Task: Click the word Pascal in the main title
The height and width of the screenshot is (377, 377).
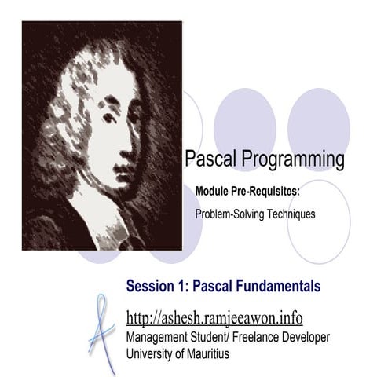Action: pyautogui.click(x=208, y=160)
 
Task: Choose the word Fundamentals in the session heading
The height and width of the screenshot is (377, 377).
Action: pyautogui.click(x=275, y=287)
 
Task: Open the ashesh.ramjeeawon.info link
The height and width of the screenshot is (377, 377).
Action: pyautogui.click(x=214, y=318)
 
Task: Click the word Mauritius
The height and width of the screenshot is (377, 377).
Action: pyautogui.click(x=203, y=353)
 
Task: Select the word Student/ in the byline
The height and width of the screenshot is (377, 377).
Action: pyautogui.click(x=208, y=337)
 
